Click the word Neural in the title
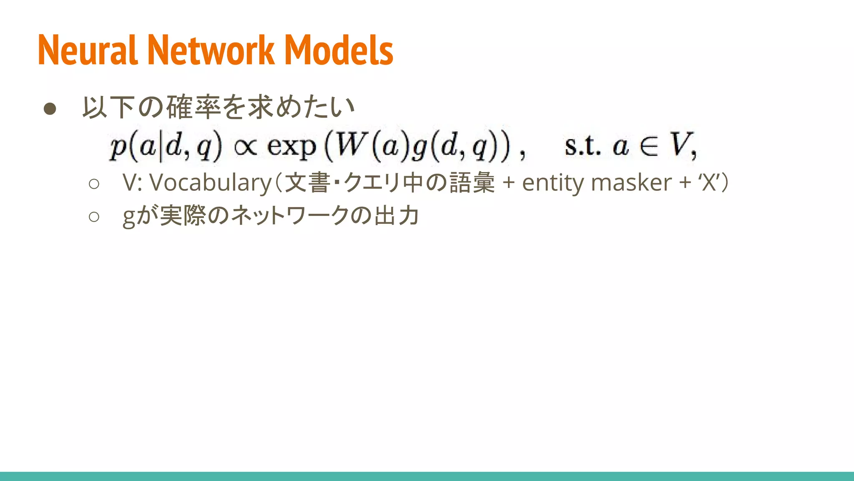point(88,50)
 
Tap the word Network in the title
point(211,50)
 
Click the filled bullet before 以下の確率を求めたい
point(50,109)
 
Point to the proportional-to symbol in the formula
point(246,147)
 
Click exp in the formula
point(291,147)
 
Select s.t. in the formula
point(583,146)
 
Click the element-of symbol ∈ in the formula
point(649,146)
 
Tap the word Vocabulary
point(211,183)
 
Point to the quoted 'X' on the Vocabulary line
point(708,183)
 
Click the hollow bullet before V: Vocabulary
point(94,184)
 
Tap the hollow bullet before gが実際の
point(94,216)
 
